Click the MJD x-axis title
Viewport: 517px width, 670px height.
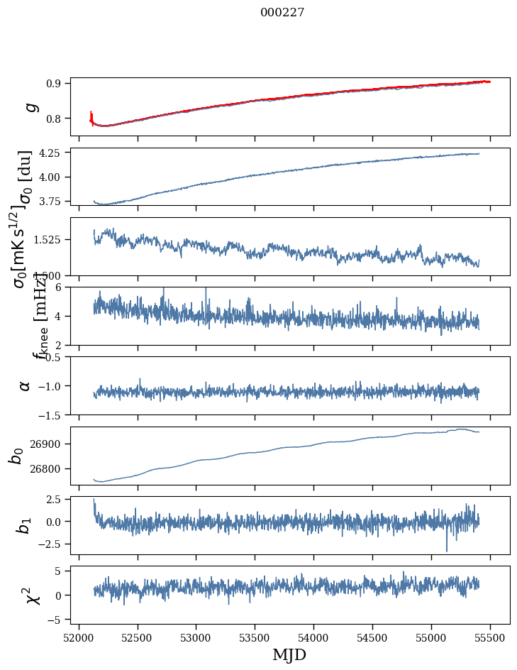(289, 654)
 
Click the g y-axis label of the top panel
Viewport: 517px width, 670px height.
(30, 106)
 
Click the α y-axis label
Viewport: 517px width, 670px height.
(25, 385)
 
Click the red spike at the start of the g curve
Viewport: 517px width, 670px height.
(91, 116)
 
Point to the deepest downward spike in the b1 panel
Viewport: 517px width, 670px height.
(447, 550)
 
